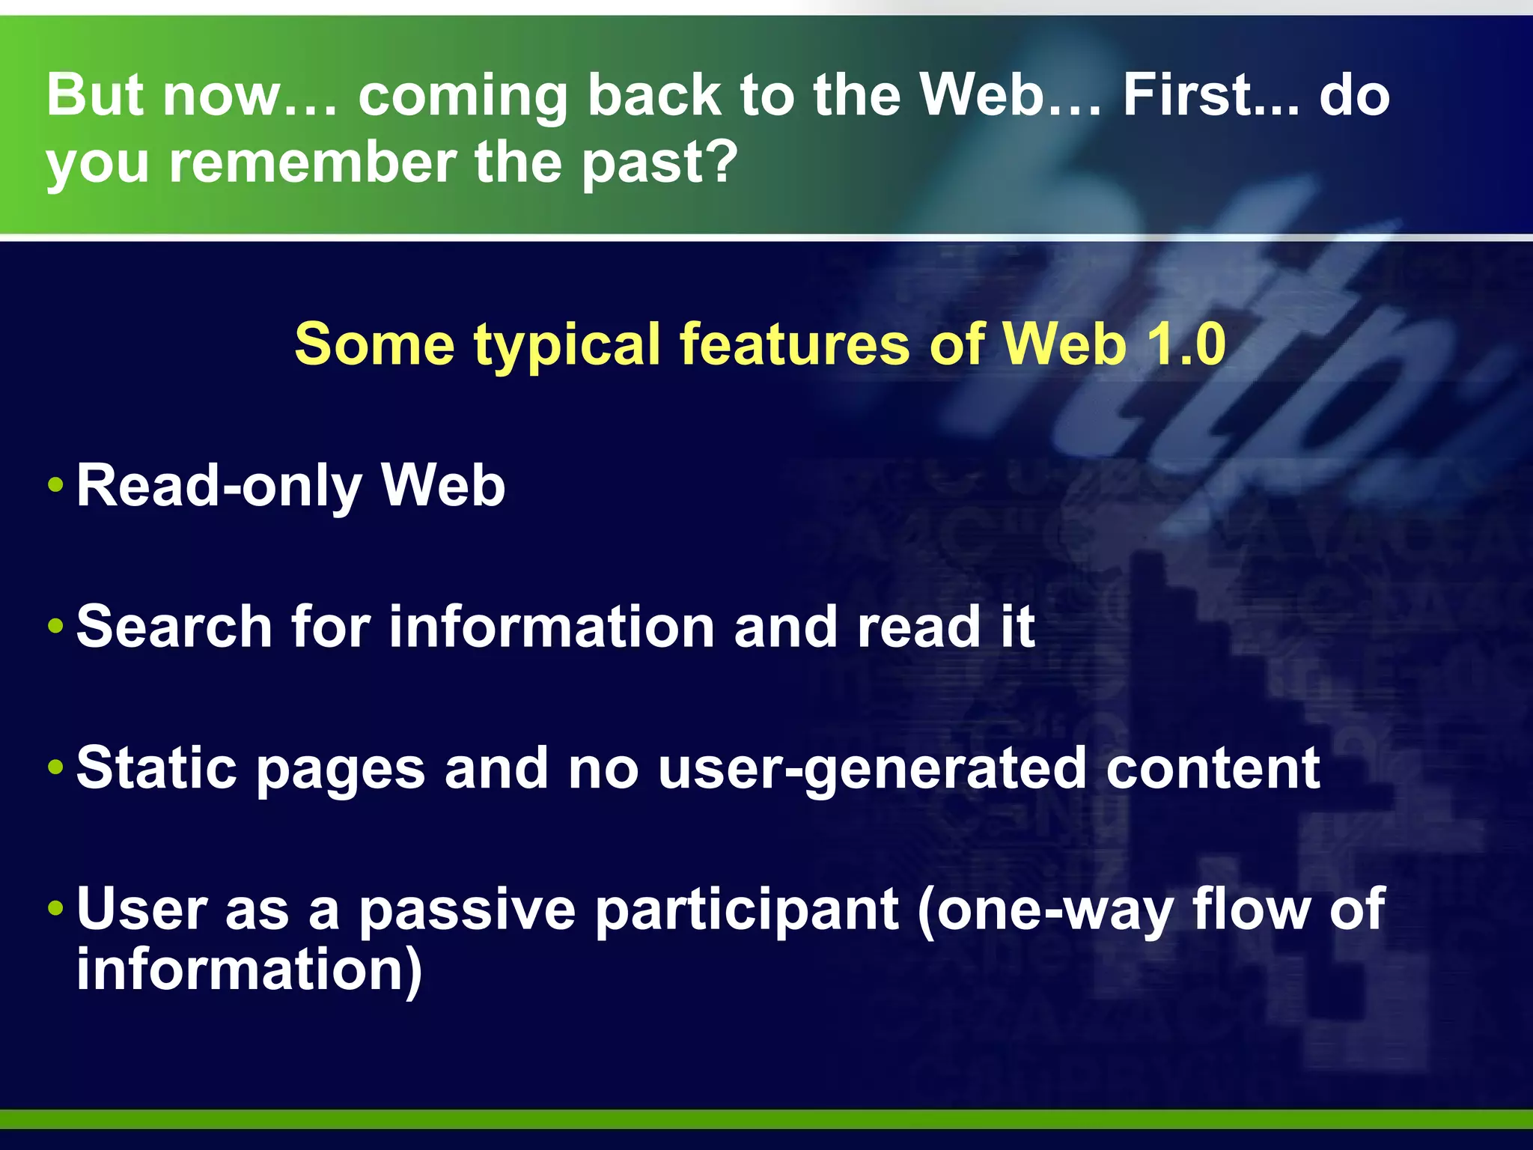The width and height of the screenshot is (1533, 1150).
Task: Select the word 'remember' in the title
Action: [x=312, y=162]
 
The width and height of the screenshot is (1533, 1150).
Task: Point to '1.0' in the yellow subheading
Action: [x=1186, y=344]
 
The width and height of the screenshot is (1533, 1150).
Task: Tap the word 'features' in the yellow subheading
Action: [x=794, y=344]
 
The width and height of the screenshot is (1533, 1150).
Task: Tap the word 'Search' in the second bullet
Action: [x=174, y=627]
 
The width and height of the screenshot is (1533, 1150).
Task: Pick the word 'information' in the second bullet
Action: [x=552, y=627]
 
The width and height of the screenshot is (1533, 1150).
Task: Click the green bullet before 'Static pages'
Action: [x=55, y=767]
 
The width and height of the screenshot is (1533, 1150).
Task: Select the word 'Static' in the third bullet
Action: [x=156, y=768]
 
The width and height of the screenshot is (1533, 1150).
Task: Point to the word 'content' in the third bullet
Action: [x=1213, y=768]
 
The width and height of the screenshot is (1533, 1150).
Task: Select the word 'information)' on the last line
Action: [x=249, y=970]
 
